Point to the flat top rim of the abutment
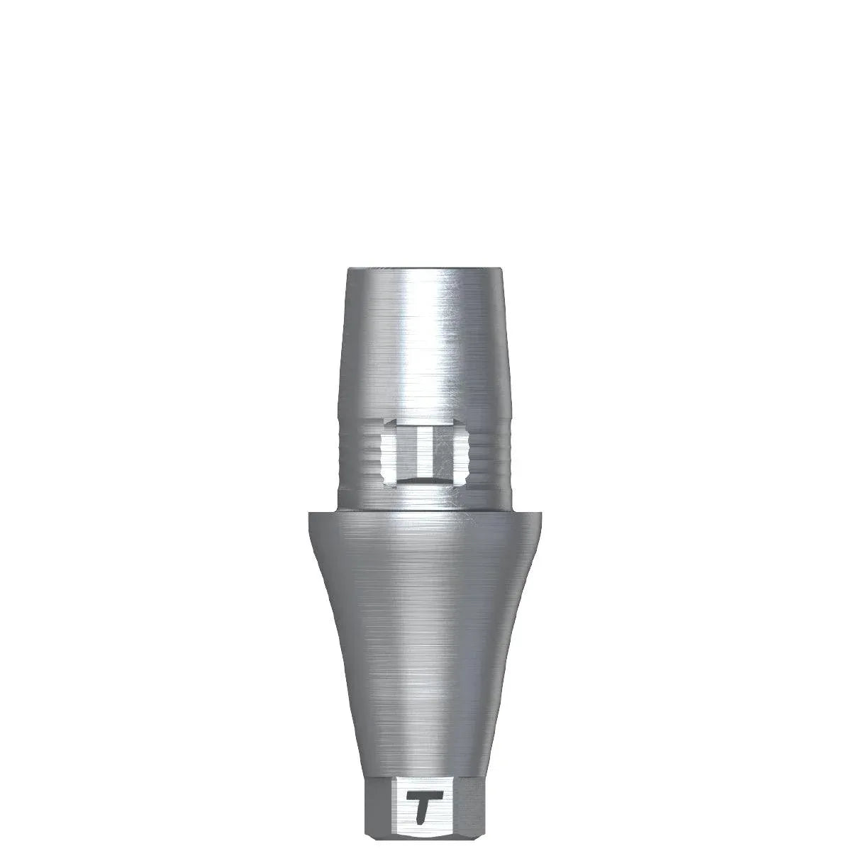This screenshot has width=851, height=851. [x=425, y=269]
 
